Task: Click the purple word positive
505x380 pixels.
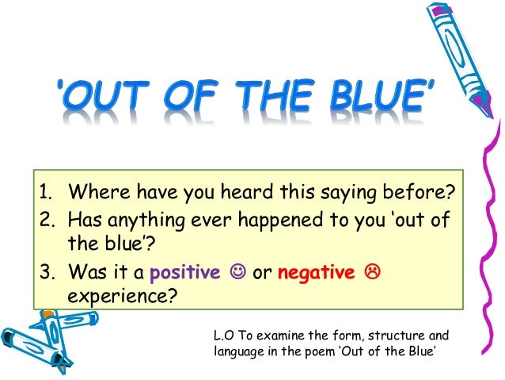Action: [x=188, y=272]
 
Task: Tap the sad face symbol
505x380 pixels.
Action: [x=370, y=273]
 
